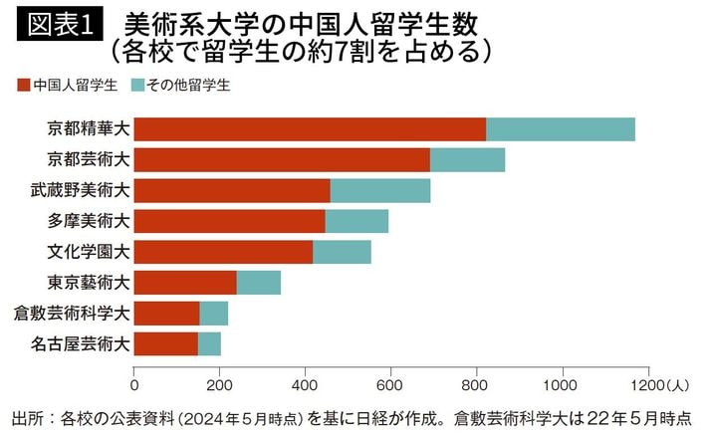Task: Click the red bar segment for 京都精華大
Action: pyautogui.click(x=310, y=129)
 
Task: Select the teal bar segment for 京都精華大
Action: pyautogui.click(x=560, y=129)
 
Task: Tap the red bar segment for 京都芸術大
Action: pyautogui.click(x=282, y=159)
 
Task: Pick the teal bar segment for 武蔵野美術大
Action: pyautogui.click(x=380, y=190)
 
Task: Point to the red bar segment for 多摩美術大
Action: pyautogui.click(x=230, y=221)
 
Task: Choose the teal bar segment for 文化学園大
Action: pyautogui.click(x=342, y=252)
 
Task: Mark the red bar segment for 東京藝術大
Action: pyautogui.click(x=185, y=283)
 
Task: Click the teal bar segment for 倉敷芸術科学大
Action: pyautogui.click(x=213, y=314)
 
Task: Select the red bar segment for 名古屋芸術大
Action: pyautogui.click(x=166, y=344)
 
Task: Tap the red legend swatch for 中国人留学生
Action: pyautogui.click(x=23, y=86)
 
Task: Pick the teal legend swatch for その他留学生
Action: pyautogui.click(x=136, y=86)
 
